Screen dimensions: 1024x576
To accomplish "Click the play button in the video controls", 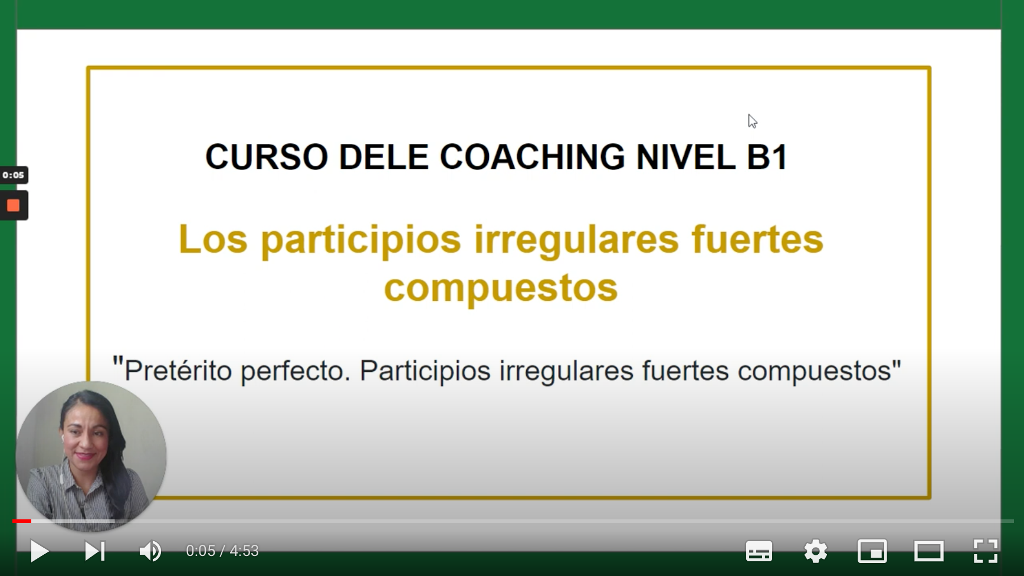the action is click(40, 551).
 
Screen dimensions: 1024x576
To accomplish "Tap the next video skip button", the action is click(95, 551).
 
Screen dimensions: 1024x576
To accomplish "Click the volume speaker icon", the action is click(150, 551).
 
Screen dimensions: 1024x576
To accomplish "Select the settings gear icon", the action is click(816, 551).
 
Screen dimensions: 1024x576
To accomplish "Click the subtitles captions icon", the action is click(759, 551).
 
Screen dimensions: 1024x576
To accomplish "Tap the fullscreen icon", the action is click(985, 551).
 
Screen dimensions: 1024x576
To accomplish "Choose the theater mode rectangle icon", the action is click(928, 551).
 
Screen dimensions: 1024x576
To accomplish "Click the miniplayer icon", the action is click(872, 551).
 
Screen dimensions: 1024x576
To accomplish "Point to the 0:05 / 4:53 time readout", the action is click(222, 551).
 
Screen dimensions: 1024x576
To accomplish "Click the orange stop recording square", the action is click(13, 205).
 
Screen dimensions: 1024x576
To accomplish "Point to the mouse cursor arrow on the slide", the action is click(751, 120).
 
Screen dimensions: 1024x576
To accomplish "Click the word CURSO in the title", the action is click(266, 157).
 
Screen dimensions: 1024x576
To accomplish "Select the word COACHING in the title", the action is click(532, 157).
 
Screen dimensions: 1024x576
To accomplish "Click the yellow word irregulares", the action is click(577, 240).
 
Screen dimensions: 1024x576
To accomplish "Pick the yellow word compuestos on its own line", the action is click(501, 288).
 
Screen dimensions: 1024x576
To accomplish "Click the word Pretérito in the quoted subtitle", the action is click(178, 371).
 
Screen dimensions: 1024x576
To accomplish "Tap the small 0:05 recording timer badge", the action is click(13, 175).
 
